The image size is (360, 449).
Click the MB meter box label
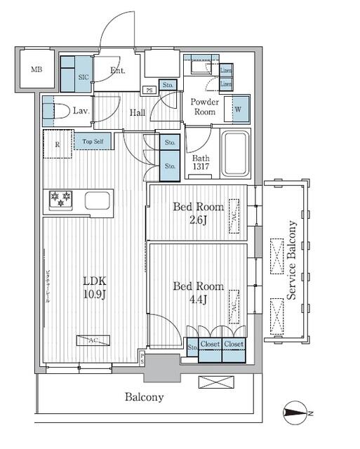(35, 69)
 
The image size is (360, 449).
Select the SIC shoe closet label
(83, 76)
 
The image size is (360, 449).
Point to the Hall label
(138, 112)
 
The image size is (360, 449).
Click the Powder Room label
(205, 107)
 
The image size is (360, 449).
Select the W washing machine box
(238, 109)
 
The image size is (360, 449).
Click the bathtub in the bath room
(236, 154)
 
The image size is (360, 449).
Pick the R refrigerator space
(57, 145)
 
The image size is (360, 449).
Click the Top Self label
(93, 142)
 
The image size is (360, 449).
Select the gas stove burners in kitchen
(60, 201)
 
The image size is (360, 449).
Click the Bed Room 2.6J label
(198, 213)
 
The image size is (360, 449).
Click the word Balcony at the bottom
(144, 397)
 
